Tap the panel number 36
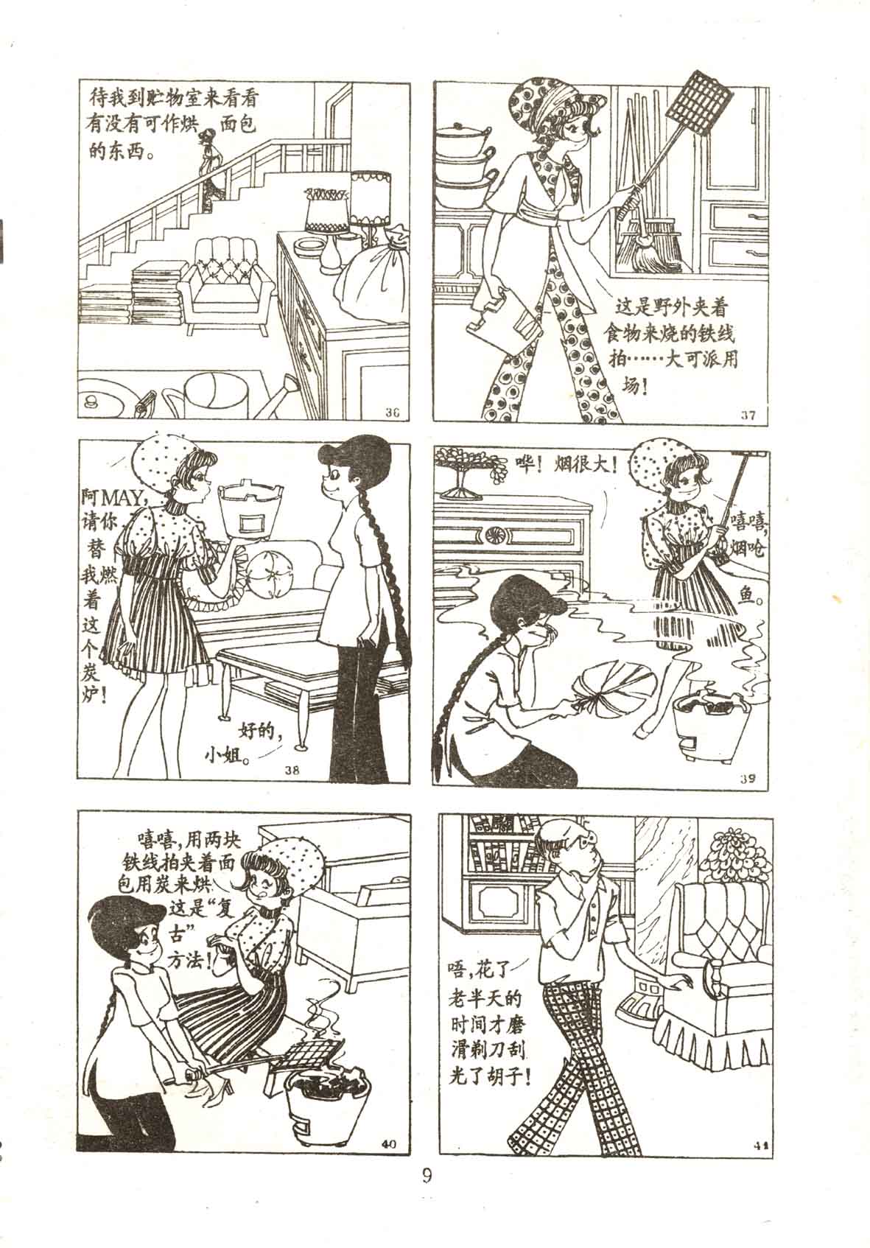[393, 413]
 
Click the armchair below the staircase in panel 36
[229, 284]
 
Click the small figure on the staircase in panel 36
[211, 168]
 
